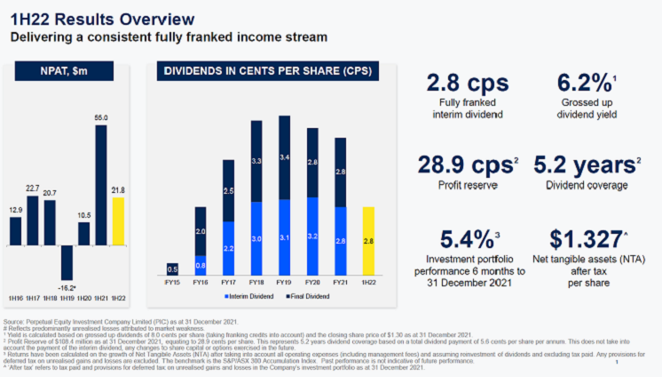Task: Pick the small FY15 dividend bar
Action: click(x=172, y=269)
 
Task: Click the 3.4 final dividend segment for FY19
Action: click(x=285, y=157)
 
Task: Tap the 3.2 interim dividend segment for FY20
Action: click(x=312, y=236)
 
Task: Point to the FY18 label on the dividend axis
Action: click(x=256, y=283)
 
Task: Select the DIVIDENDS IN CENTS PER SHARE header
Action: click(x=266, y=71)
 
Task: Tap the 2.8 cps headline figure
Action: click(x=468, y=84)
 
